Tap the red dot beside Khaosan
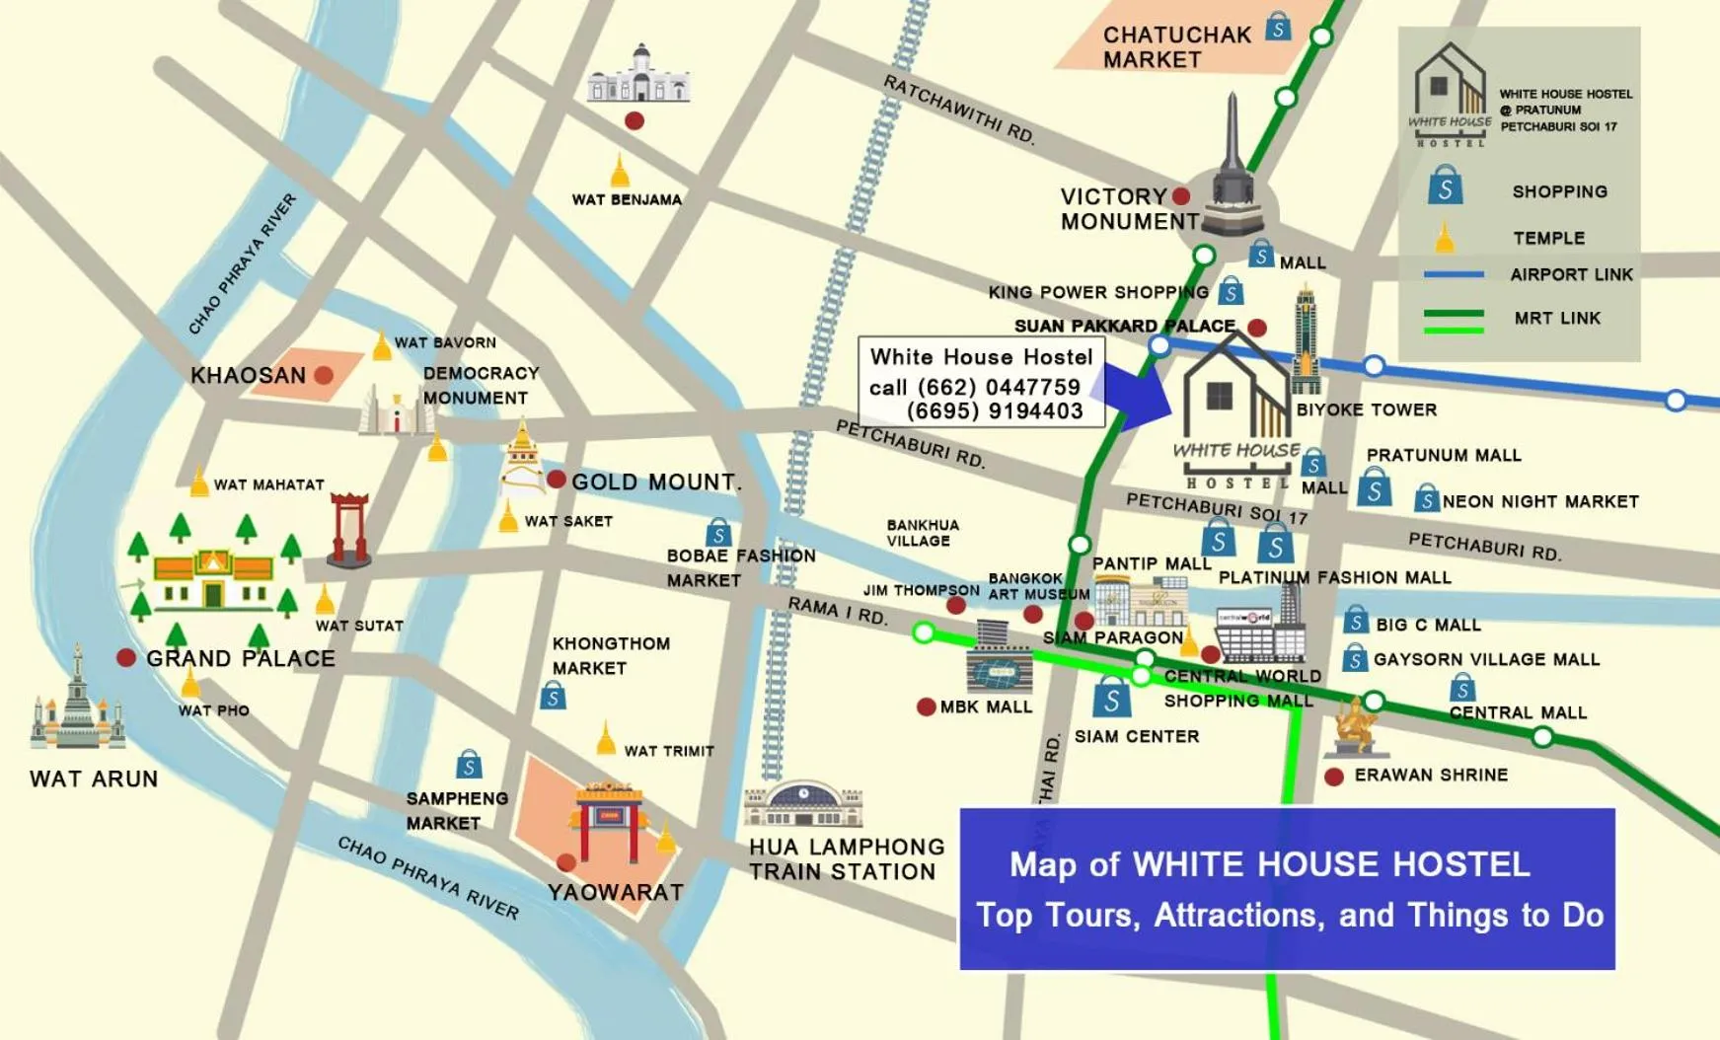pos(324,375)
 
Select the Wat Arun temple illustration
pos(77,703)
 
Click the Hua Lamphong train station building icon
pos(803,804)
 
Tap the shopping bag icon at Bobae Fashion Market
pos(718,534)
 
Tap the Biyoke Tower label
pos(1366,409)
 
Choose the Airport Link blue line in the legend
pos(1454,274)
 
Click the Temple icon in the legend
pos(1445,238)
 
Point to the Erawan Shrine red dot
pos(1334,777)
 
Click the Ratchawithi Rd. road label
pos(958,110)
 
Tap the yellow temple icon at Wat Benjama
pos(620,171)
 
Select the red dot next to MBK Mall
pos(926,706)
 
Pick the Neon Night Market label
pos(1539,501)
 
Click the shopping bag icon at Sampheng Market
pos(469,765)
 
